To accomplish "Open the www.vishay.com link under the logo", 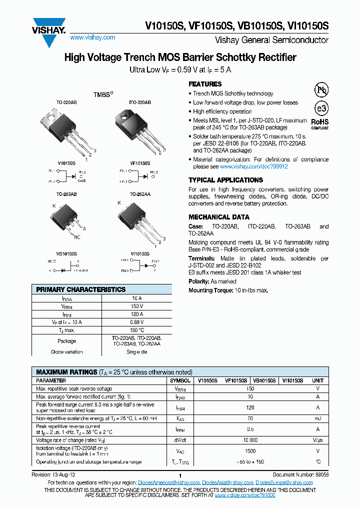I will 92,37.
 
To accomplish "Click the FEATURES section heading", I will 205,84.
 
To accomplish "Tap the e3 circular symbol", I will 319,108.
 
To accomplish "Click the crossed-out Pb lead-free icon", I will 320,89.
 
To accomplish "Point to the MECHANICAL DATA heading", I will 218,217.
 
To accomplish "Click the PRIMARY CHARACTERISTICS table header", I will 81,289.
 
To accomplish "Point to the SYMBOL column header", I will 180,380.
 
